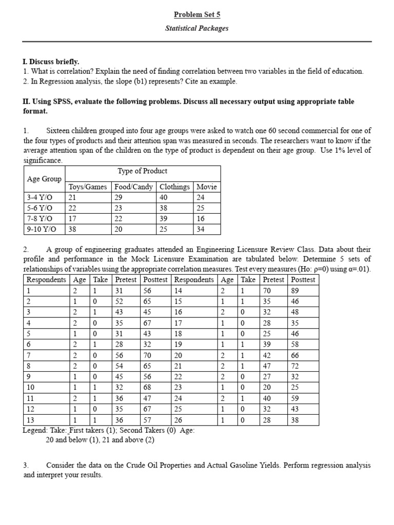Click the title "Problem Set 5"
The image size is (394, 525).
[x=196, y=14]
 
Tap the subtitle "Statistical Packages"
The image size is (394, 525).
[x=196, y=28]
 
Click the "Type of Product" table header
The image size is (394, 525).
[x=143, y=171]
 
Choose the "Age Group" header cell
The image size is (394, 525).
[x=44, y=179]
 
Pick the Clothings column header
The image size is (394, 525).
[x=174, y=187]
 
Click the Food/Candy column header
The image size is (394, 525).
[x=133, y=187]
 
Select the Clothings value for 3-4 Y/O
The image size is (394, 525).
[x=164, y=197]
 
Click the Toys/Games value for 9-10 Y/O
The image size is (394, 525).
[x=72, y=230]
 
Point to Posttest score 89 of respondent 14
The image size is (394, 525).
[x=295, y=290]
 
